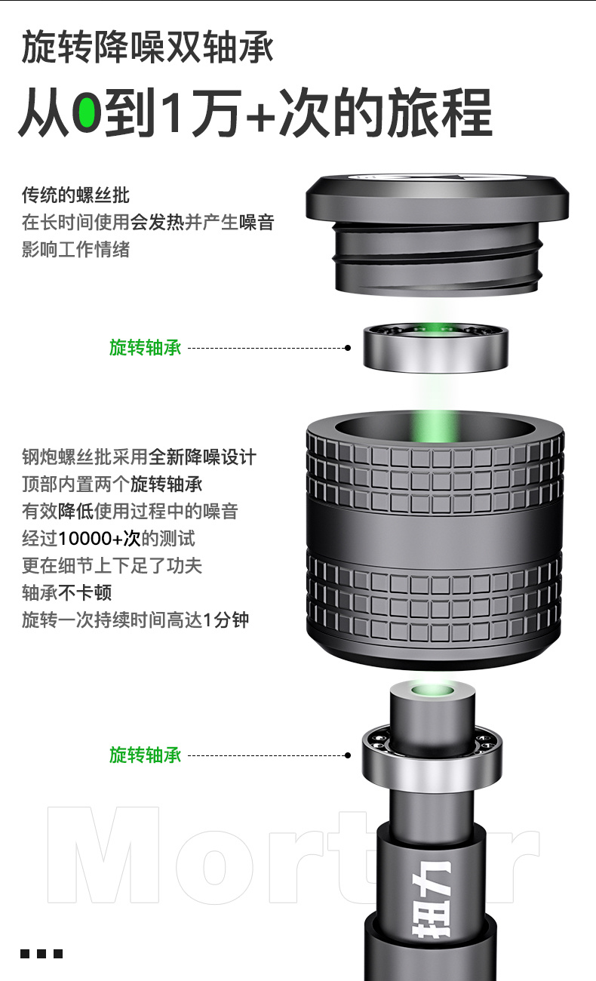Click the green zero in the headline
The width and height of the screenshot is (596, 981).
(87, 113)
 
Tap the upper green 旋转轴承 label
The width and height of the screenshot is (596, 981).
(146, 348)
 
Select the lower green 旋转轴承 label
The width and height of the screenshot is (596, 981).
(146, 755)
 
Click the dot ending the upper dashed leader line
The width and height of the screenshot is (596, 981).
(348, 348)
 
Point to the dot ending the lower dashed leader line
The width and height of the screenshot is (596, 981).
(348, 755)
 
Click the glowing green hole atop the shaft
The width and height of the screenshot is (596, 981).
(432, 690)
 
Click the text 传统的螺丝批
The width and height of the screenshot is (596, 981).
(75, 195)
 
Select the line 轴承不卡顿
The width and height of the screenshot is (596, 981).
(67, 593)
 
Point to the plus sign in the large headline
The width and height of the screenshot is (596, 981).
(260, 116)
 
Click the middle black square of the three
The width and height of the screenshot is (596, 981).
(41, 954)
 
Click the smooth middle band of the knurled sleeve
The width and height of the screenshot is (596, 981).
(435, 530)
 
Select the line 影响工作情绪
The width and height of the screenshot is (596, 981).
(75, 250)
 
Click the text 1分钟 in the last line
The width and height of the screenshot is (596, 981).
(226, 620)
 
